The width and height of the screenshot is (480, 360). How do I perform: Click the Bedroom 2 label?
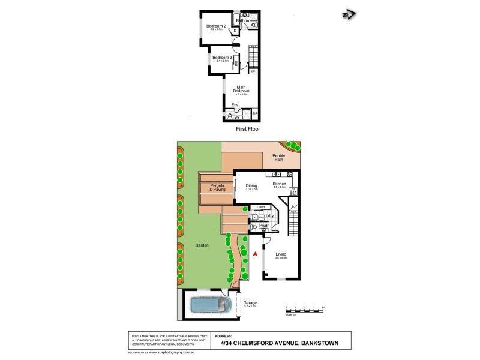[x=216, y=26]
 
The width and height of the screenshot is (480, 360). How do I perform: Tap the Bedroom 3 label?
[x=221, y=57]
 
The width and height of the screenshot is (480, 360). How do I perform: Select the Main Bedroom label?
[x=242, y=89]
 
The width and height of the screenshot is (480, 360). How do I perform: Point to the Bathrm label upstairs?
[x=242, y=20]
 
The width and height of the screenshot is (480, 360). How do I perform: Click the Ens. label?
[x=235, y=105]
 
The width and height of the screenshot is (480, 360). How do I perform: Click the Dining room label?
[x=251, y=185]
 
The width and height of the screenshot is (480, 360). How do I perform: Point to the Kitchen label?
[x=280, y=184]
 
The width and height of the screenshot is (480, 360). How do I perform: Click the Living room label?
[x=281, y=254]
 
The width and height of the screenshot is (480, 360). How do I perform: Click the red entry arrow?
[x=256, y=255]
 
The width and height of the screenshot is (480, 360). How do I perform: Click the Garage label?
[x=250, y=304]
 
